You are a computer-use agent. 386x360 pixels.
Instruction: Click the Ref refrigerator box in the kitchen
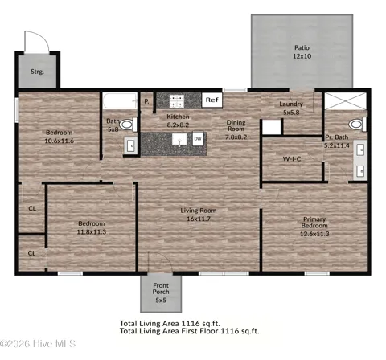(211, 100)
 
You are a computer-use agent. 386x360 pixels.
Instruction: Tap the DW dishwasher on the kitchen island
(198, 139)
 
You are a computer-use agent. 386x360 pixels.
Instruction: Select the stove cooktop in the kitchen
(177, 101)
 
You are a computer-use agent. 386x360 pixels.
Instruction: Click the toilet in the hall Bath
(128, 125)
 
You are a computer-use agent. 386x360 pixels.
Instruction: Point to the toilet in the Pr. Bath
(358, 124)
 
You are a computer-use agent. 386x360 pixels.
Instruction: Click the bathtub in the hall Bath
(120, 100)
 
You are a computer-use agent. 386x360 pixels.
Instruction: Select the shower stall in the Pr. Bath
(345, 101)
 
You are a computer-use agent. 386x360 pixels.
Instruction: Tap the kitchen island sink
(179, 139)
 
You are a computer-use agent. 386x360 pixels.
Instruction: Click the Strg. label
(37, 72)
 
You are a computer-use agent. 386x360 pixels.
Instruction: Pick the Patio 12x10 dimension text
(302, 56)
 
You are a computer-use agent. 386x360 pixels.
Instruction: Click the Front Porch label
(161, 288)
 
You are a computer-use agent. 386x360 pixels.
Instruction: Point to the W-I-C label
(292, 159)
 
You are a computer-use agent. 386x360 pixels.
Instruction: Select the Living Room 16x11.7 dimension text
(199, 219)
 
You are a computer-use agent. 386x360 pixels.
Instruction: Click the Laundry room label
(291, 104)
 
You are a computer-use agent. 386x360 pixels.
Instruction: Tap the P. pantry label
(146, 101)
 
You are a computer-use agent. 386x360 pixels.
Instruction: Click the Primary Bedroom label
(314, 223)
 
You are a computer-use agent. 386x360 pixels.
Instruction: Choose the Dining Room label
(236, 125)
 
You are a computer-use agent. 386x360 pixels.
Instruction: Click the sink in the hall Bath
(131, 146)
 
